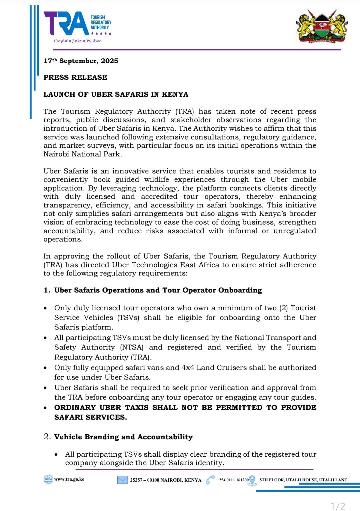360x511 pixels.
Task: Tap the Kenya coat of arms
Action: tap(322, 27)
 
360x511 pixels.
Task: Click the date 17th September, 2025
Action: tap(81, 61)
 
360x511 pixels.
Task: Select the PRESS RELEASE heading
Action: tap(75, 77)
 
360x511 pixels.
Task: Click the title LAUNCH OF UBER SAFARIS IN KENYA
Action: tap(116, 94)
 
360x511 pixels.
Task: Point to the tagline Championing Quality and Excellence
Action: tap(77, 41)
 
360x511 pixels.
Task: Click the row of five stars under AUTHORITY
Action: tap(101, 33)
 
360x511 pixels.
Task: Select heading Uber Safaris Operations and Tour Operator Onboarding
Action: tap(158, 290)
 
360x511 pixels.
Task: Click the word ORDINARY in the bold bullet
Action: tap(75, 408)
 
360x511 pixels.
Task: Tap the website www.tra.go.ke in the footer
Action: tap(69, 479)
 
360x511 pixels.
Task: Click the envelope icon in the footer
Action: tap(122, 480)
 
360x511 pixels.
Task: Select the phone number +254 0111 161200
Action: tap(233, 480)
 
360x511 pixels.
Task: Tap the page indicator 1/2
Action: tap(338, 506)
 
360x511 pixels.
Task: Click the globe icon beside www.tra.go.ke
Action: tap(48, 479)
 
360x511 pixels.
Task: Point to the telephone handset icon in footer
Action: tap(210, 480)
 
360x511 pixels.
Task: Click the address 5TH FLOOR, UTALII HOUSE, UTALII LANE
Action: tap(303, 480)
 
